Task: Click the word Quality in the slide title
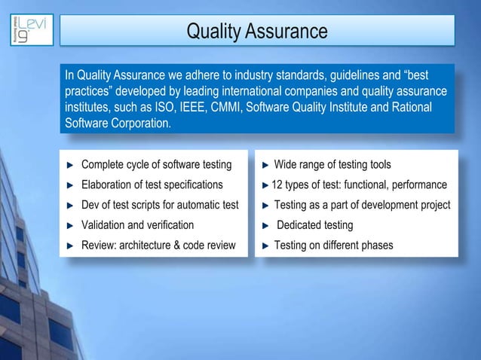pyautogui.click(x=213, y=32)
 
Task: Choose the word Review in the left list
pyautogui.click(x=98, y=245)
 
